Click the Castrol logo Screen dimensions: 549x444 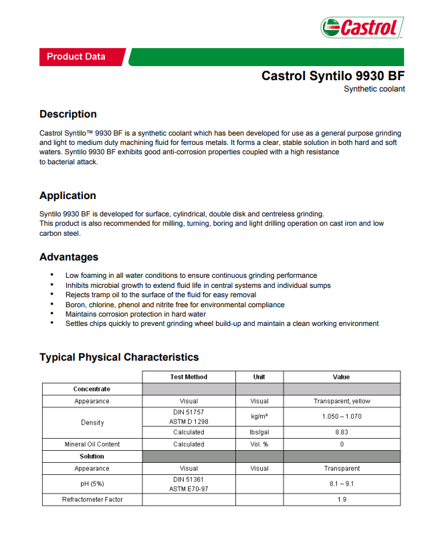tap(362, 27)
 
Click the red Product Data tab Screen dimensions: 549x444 tap(76, 57)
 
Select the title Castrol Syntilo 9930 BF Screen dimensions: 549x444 tap(333, 75)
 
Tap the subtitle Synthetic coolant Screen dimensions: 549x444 tap(374, 89)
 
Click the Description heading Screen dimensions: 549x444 tap(68, 114)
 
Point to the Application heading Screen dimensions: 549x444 tap(68, 196)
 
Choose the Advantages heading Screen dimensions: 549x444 tap(69, 257)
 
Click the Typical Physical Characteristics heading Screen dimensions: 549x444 tap(119, 357)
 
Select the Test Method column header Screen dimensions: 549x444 tap(189, 377)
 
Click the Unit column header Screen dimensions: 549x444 tap(259, 377)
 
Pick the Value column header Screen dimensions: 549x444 tap(341, 377)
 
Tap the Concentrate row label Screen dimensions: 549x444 tap(92, 389)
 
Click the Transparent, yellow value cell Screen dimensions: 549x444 tap(342, 401)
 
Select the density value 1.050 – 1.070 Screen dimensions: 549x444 tap(342, 417)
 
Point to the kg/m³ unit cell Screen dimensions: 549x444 tap(259, 417)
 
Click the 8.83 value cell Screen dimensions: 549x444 tap(342, 432)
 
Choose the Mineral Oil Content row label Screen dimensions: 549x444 tap(92, 444)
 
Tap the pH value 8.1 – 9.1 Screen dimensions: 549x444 tap(342, 484)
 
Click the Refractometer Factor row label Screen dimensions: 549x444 tap(92, 499)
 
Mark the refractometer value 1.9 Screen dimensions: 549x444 tap(342, 499)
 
